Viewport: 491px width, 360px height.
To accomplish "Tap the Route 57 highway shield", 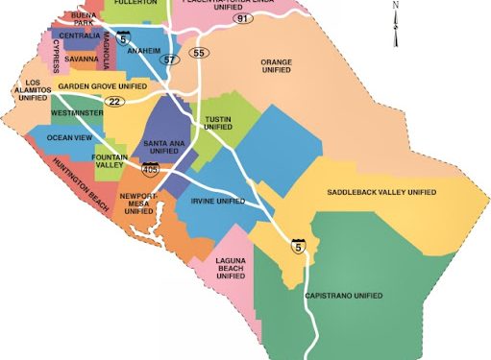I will pos(170,59).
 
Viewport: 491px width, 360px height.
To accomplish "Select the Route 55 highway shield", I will pos(198,52).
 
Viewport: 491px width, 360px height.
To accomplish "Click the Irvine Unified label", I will pos(217,202).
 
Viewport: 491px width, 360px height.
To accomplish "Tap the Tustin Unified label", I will pos(217,124).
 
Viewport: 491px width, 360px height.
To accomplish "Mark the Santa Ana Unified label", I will pos(160,147).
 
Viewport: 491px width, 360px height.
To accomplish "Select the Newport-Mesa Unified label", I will pos(136,203).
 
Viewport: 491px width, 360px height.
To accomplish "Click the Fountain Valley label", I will pos(111,161).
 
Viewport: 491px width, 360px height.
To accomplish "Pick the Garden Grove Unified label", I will pos(102,86).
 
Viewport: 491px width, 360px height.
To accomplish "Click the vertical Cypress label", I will pos(56,57).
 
